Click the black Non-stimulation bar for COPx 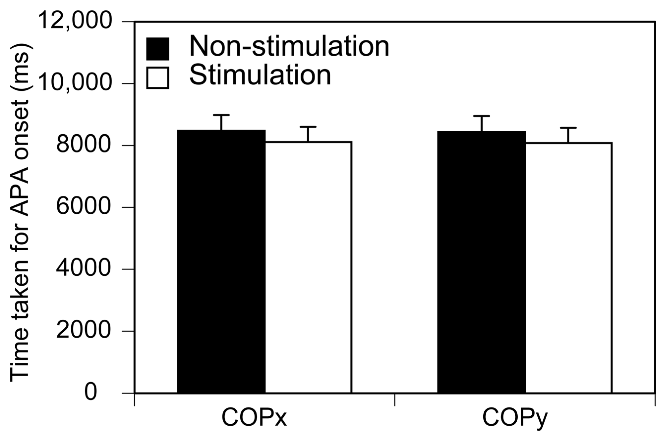click(221, 262)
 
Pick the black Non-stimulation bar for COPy click(481, 262)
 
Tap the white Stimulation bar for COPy click(569, 268)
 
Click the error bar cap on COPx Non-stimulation click(221, 115)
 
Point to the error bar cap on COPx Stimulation click(308, 127)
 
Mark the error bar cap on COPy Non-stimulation click(481, 116)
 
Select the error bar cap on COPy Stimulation click(568, 128)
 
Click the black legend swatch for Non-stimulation click(158, 49)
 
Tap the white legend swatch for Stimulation click(158, 78)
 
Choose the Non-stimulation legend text click(289, 47)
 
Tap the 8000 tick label click(83, 145)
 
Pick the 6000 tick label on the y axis click(83, 207)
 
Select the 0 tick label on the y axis click(91, 393)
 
